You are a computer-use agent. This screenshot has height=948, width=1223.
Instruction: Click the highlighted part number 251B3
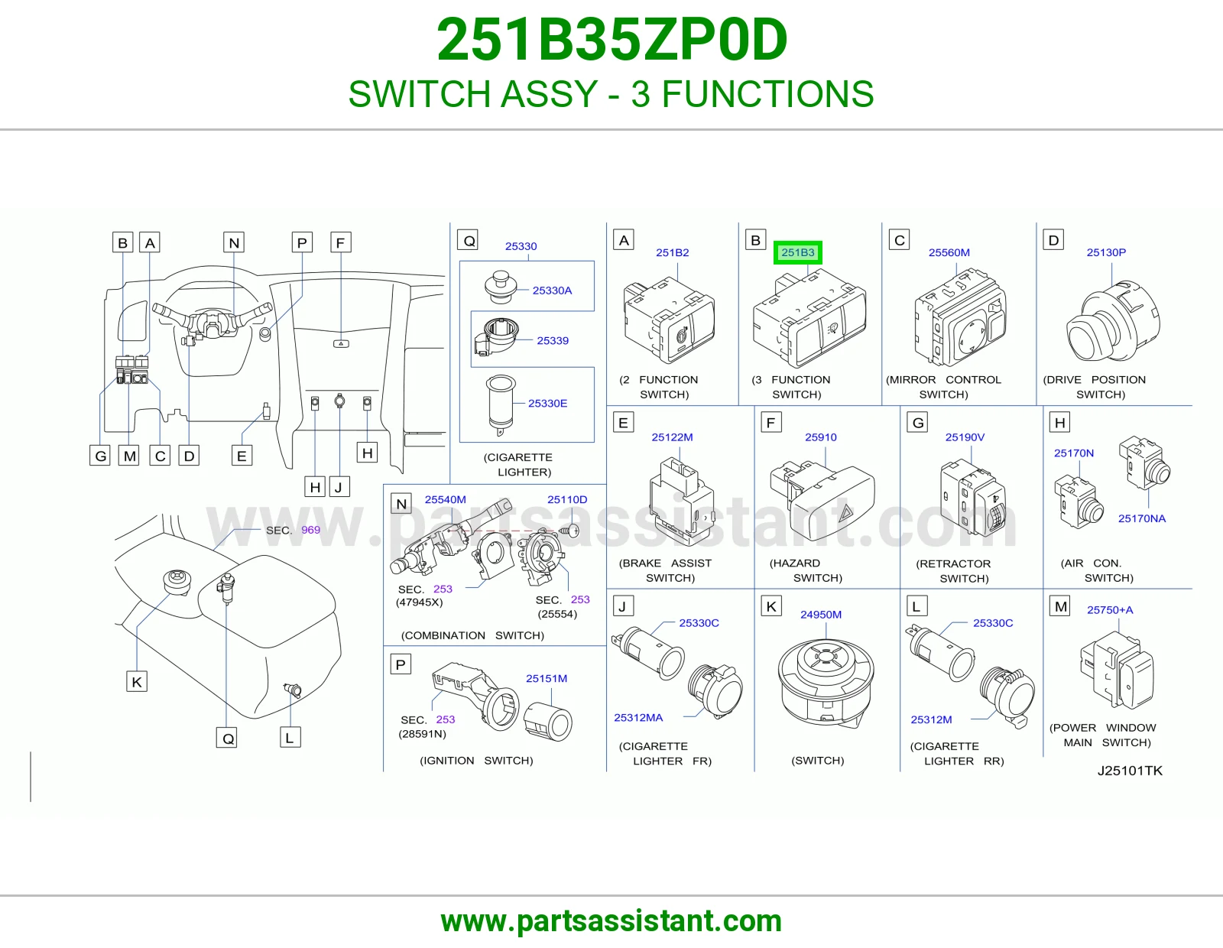click(797, 253)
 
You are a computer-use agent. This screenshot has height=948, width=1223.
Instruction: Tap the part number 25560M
click(949, 253)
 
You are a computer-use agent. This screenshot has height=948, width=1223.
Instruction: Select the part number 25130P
click(1106, 253)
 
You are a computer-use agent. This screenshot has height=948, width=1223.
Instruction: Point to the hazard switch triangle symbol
click(845, 514)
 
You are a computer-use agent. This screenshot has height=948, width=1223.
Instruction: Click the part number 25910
click(821, 437)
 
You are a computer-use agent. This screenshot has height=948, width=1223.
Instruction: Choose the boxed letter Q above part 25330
click(469, 240)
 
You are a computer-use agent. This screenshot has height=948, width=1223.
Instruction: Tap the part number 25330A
click(552, 291)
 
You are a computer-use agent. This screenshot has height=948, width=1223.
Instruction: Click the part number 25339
click(552, 340)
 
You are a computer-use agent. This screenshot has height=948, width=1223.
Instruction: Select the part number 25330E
click(547, 403)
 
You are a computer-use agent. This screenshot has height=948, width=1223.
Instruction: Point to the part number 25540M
click(445, 499)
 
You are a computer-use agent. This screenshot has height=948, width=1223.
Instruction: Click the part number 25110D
click(566, 499)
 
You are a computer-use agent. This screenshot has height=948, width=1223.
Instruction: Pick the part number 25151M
click(546, 678)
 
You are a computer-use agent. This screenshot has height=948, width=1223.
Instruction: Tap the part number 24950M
click(821, 615)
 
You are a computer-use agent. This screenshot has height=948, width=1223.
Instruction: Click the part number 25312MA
click(638, 718)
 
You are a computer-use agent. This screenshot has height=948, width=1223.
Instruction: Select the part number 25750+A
click(1109, 610)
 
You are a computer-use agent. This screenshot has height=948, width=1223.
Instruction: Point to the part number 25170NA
click(1141, 518)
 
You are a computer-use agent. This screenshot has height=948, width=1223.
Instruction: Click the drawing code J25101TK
click(1129, 771)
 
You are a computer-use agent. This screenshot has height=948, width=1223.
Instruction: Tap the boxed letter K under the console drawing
click(137, 682)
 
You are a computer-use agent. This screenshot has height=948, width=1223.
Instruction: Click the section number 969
click(310, 530)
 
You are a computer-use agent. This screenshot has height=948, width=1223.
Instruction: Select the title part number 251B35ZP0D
click(611, 40)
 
